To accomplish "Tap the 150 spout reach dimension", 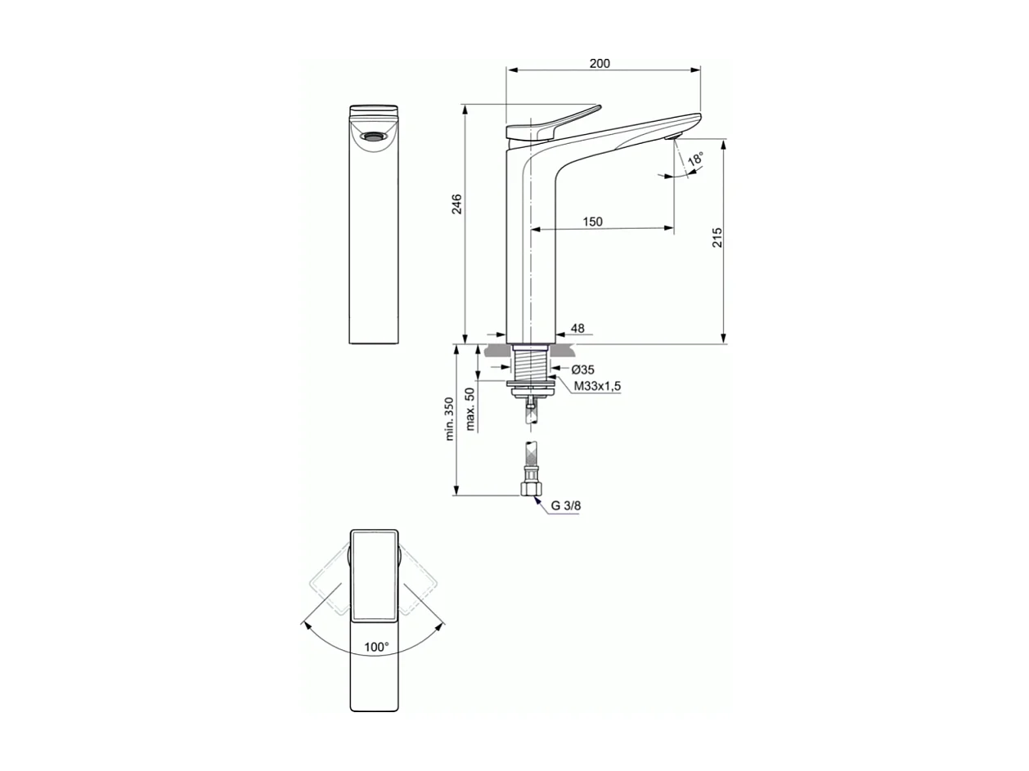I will coord(592,222).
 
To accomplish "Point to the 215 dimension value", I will coord(717,238).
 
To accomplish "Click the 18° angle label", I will coord(695,159).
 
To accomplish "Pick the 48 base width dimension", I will coord(577,329).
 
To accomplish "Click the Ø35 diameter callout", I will coord(583,370).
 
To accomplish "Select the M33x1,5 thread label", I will coord(597,386).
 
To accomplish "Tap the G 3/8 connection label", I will coord(565,505).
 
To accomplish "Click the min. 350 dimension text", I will coord(449,419).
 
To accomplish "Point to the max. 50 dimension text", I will coord(470,409).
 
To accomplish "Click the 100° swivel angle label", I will coord(376,647).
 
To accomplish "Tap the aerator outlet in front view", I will coord(373,137).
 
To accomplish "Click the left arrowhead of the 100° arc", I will coord(308,625).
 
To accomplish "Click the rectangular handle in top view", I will coord(375,574).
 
